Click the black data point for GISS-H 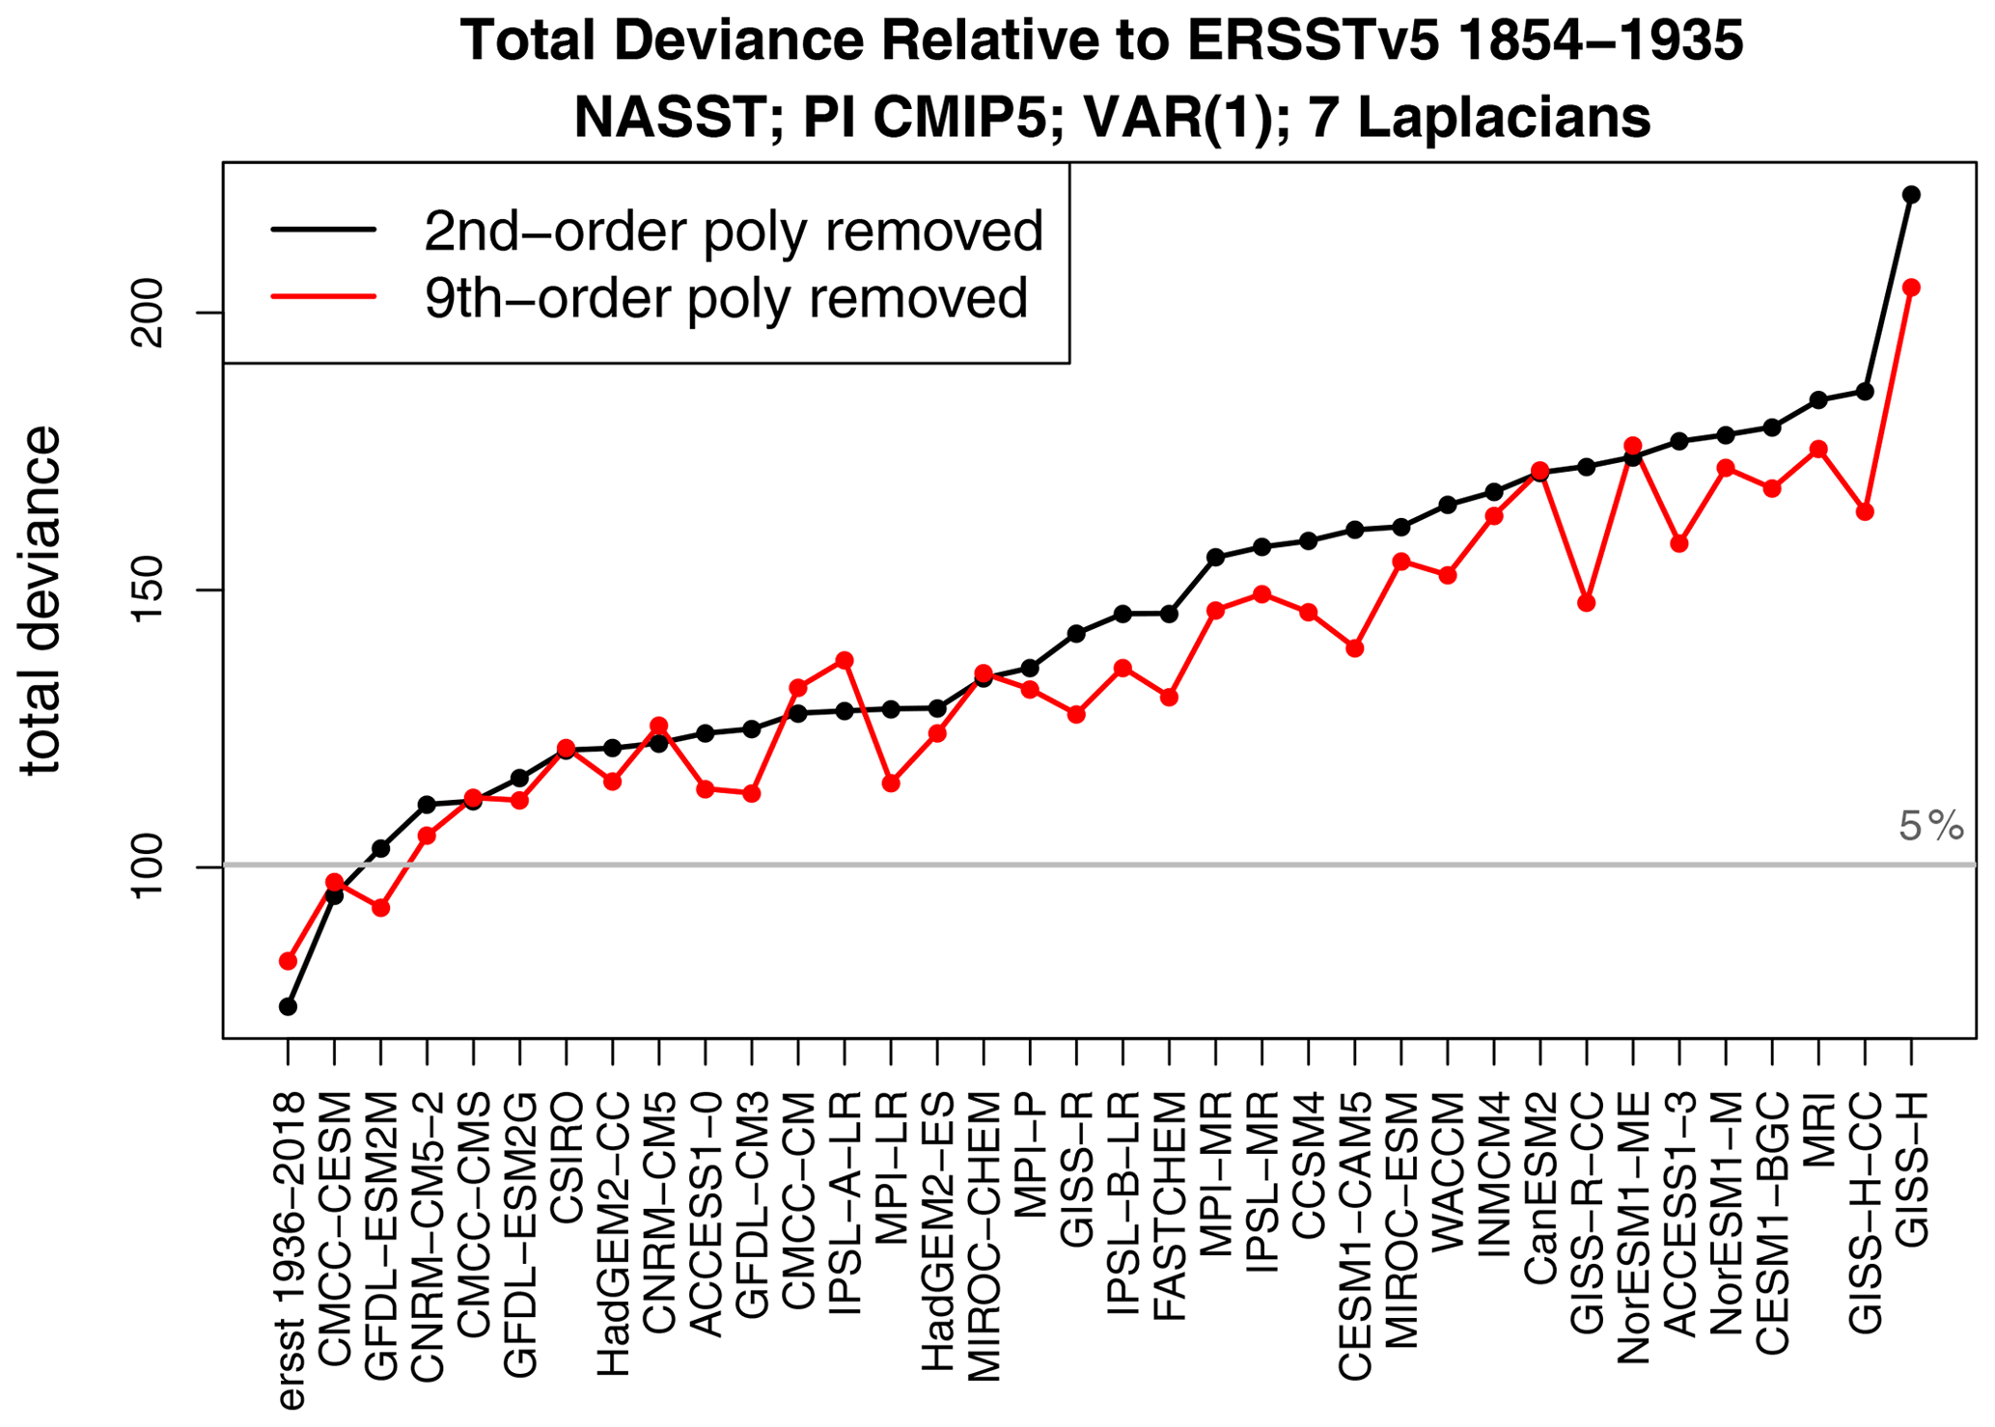pyautogui.click(x=1910, y=195)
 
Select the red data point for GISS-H pyautogui.click(x=1910, y=288)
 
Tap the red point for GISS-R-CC pyautogui.click(x=1586, y=603)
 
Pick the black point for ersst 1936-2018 pyautogui.click(x=288, y=1006)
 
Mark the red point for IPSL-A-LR pyautogui.click(x=845, y=660)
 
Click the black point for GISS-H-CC pyautogui.click(x=1865, y=392)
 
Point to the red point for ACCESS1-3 pyautogui.click(x=1679, y=543)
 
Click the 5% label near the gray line pyautogui.click(x=1930, y=827)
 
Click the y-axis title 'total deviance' pyautogui.click(x=41, y=600)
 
